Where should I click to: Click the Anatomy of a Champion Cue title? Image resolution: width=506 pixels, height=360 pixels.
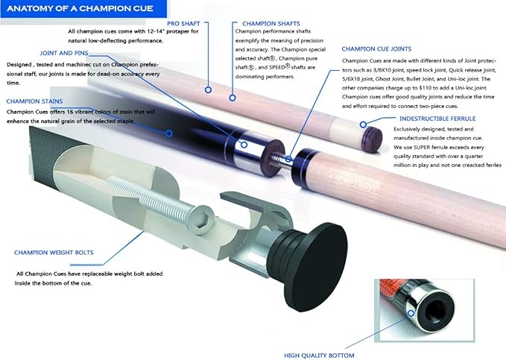coord(80,8)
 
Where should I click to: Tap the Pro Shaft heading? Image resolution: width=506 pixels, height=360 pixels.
coord(183,24)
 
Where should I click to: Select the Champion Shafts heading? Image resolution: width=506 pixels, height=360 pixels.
coord(271,24)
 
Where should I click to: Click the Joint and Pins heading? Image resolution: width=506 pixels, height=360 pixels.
coord(64,53)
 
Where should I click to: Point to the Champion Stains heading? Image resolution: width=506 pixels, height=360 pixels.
coord(34,101)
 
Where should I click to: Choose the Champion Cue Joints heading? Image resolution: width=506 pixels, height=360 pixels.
coord(376,48)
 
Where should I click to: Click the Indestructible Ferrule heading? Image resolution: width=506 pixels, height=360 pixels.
coord(437,119)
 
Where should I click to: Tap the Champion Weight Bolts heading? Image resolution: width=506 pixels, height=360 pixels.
coord(54,253)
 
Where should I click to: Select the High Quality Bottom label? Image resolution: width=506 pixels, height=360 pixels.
coord(319,356)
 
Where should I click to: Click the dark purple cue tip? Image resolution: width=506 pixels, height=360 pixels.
coord(373,139)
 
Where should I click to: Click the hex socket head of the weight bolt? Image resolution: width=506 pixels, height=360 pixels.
coord(201,220)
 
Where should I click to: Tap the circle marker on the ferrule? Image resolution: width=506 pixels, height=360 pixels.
coord(363,124)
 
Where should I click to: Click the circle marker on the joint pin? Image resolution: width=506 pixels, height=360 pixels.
coord(288,159)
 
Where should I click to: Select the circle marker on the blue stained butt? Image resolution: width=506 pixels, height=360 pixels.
coord(169,133)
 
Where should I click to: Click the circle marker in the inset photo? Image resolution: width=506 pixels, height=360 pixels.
coord(411,313)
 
